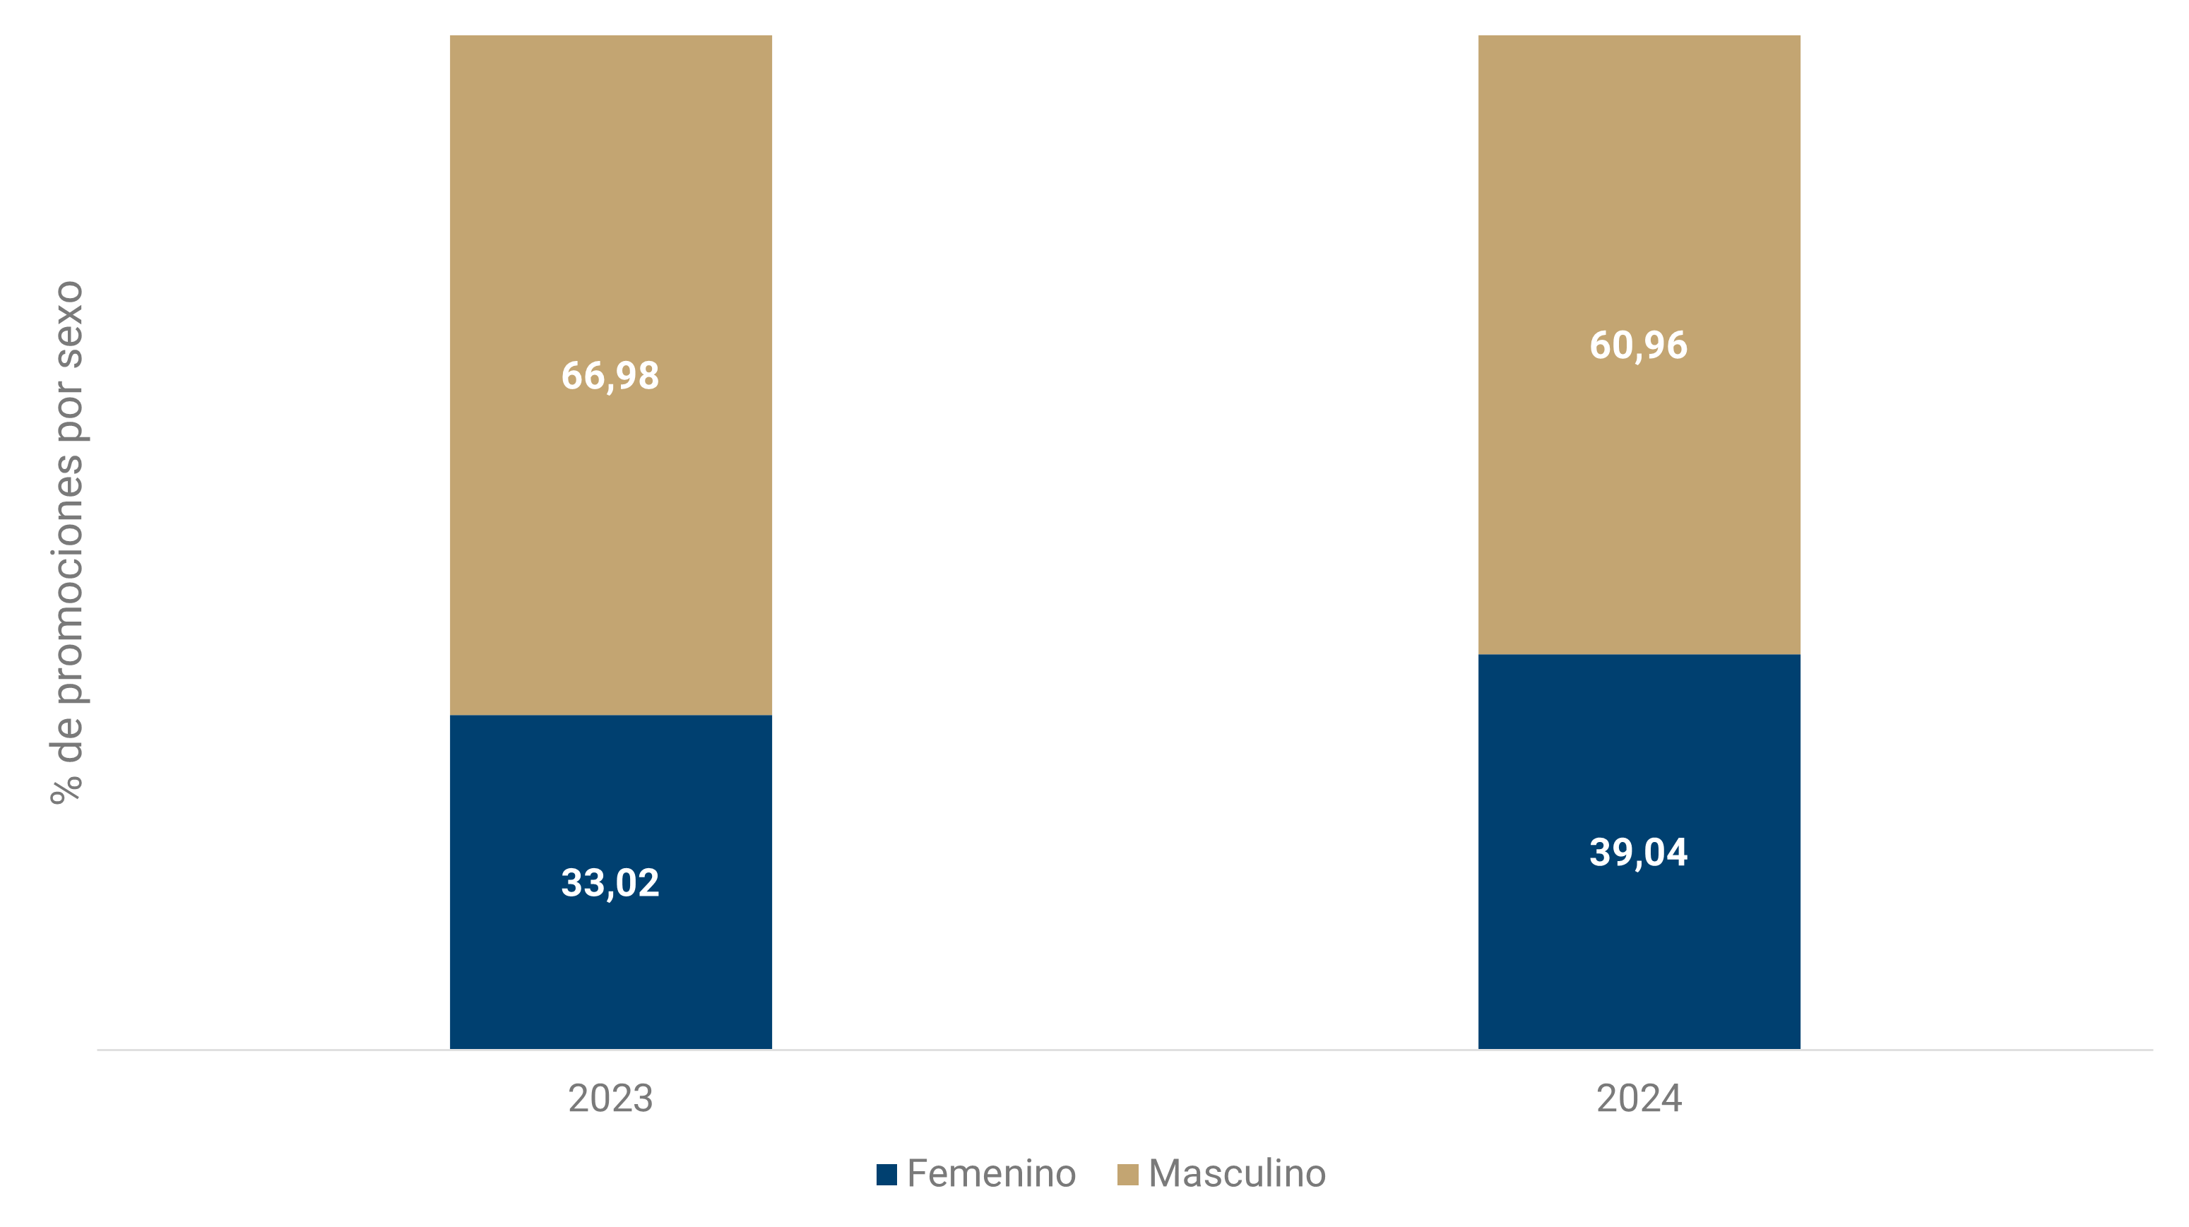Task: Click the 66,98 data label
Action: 610,376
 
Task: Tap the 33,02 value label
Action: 610,883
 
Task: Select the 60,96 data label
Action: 1638,345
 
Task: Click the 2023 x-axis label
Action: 610,1098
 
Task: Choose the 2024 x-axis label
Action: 1638,1098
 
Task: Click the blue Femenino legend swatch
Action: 886,1174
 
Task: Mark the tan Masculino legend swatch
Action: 1127,1174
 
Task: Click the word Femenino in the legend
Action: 991,1173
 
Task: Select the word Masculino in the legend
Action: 1236,1173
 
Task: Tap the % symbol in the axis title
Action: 66,788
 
